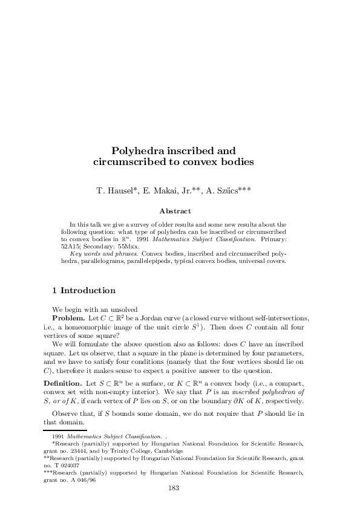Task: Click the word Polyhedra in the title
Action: (135, 150)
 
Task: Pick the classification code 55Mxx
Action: (133, 247)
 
